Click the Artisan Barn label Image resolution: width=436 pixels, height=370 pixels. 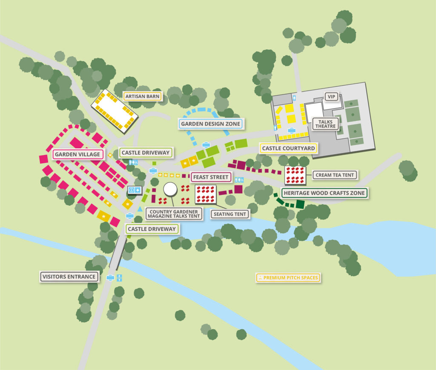142,96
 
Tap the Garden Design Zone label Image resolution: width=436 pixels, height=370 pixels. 211,124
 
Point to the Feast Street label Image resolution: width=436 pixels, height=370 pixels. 211,177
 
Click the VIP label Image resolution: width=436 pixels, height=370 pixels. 331,97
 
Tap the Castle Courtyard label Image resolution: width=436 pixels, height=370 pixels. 288,148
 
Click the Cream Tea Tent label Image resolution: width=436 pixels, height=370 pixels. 335,175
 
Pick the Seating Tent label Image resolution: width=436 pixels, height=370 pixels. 230,214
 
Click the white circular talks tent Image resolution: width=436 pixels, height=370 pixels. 170,189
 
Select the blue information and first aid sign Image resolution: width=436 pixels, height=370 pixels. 135,190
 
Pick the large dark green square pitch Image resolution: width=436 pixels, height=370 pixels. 300,204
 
